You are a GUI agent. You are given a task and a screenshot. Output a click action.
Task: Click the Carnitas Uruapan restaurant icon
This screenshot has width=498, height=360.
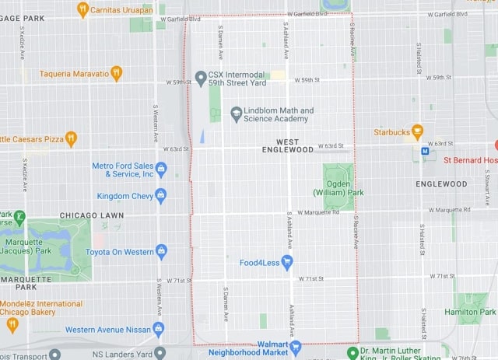82,9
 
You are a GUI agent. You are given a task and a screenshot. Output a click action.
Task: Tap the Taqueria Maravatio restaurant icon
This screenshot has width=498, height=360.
117,73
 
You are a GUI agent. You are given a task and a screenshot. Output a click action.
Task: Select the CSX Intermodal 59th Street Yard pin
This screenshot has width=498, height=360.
200,77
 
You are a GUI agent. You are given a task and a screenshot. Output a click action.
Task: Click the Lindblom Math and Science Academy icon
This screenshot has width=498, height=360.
236,114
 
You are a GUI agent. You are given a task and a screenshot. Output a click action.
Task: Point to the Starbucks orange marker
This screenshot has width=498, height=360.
417,131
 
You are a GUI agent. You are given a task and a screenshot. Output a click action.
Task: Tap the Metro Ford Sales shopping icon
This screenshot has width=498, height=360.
162,169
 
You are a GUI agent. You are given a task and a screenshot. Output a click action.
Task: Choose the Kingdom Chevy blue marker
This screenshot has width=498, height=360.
161,195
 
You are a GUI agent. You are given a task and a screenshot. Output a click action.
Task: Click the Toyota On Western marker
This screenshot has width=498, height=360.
161,251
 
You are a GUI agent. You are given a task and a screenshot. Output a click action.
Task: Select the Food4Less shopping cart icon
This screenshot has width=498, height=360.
287,262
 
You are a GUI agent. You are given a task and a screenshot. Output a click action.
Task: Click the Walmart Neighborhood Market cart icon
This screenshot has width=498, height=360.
295,344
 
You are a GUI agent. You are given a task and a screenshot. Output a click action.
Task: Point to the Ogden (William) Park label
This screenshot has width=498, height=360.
338,187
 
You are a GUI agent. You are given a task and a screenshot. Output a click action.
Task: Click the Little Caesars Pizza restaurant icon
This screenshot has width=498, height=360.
71,138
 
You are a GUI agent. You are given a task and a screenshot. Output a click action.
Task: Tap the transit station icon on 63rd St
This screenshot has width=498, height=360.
425,151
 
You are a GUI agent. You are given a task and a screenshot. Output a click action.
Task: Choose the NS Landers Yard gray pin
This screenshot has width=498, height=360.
160,353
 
